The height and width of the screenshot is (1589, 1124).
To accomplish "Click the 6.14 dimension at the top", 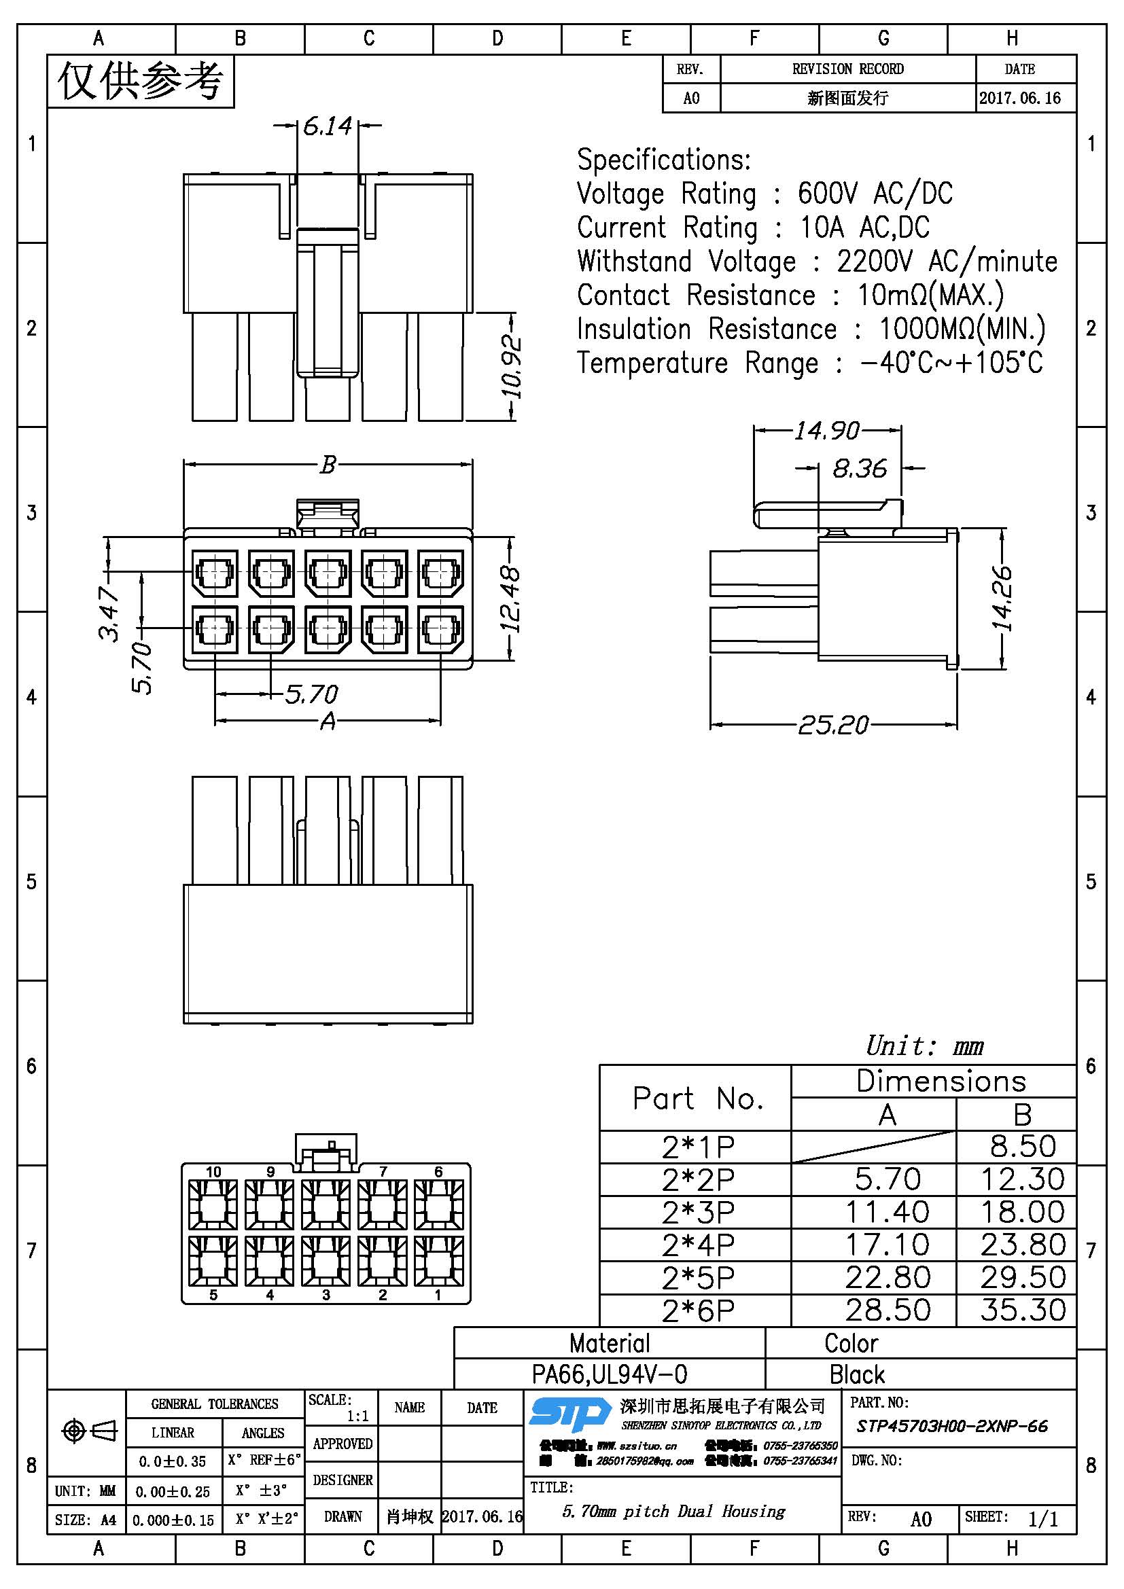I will pyautogui.click(x=328, y=126).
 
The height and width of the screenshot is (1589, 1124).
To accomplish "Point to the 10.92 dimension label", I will pyautogui.click(x=512, y=367).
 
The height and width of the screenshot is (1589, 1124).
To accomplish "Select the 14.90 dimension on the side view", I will pyautogui.click(x=826, y=431).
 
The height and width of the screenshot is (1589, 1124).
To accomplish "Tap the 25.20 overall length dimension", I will pyautogui.click(x=832, y=725).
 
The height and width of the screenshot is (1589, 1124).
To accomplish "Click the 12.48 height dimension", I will pyautogui.click(x=510, y=599).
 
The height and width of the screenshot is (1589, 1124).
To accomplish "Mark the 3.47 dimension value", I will pyautogui.click(x=109, y=613).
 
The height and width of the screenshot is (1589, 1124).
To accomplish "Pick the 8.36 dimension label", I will pyautogui.click(x=859, y=469).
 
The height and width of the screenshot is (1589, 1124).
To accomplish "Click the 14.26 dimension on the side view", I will pyautogui.click(x=1002, y=599).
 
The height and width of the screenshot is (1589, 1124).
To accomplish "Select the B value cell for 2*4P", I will pyautogui.click(x=1022, y=1245).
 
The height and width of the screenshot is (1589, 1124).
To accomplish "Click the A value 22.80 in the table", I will pyautogui.click(x=888, y=1278).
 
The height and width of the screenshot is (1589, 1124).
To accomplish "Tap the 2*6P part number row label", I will pyautogui.click(x=697, y=1310).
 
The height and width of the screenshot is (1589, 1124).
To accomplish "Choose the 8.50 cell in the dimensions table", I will pyautogui.click(x=1022, y=1147).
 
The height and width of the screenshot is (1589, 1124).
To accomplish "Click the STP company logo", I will pyautogui.click(x=569, y=1413).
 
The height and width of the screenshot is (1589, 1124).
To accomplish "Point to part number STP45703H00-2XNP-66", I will pyautogui.click(x=951, y=1426).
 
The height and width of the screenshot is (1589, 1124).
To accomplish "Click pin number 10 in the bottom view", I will pyautogui.click(x=213, y=1172).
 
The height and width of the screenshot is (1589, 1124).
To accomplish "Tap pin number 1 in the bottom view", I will pyautogui.click(x=438, y=1295).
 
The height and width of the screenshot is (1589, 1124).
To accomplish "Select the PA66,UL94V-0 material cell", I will pyautogui.click(x=609, y=1374).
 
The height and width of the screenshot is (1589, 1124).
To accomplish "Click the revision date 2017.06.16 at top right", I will pyautogui.click(x=1019, y=98).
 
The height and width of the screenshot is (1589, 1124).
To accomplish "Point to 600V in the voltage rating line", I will pyautogui.click(x=826, y=193).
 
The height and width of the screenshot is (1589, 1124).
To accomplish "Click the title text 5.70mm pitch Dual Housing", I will pyautogui.click(x=673, y=1512).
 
